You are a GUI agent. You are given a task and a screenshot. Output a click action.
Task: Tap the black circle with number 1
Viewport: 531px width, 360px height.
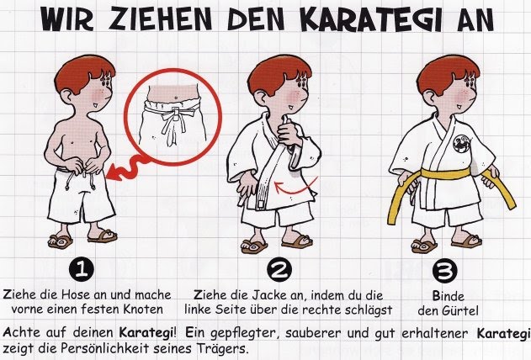pyautogui.click(x=82, y=269)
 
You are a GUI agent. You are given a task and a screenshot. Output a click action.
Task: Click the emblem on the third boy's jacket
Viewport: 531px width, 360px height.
pyautogui.click(x=461, y=144)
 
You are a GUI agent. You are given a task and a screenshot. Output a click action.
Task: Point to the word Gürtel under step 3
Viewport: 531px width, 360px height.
pyautogui.click(x=460, y=310)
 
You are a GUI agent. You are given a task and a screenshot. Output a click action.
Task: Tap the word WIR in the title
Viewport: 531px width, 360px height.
pyautogui.click(x=66, y=19)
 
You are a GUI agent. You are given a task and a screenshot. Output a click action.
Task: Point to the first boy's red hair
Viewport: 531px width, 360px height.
pyautogui.click(x=82, y=73)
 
